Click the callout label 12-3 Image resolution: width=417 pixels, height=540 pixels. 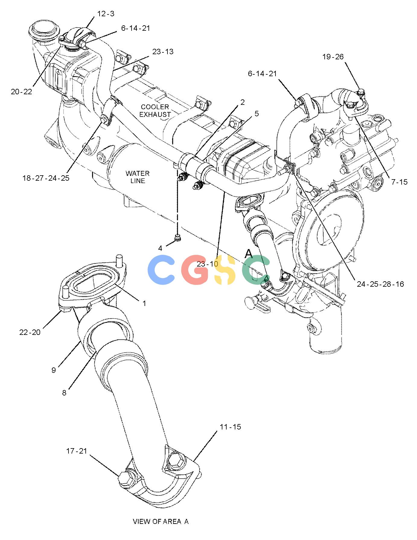pyautogui.click(x=106, y=14)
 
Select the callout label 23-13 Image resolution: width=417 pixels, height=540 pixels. pyautogui.click(x=163, y=52)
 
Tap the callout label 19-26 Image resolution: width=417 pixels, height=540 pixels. pyautogui.click(x=333, y=57)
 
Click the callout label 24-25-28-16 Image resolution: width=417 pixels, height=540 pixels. pyautogui.click(x=380, y=284)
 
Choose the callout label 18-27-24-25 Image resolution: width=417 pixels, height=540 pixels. pyautogui.click(x=46, y=178)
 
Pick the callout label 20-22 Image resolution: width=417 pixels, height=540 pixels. pyautogui.click(x=21, y=92)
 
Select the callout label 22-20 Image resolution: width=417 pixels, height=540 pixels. pyautogui.click(x=30, y=332)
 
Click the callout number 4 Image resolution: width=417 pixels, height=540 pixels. pyautogui.click(x=160, y=248)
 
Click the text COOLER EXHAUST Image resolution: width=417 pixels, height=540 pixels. pyautogui.click(x=156, y=111)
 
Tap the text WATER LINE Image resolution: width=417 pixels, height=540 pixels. pyautogui.click(x=138, y=177)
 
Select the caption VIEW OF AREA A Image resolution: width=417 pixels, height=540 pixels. pyautogui.click(x=161, y=521)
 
